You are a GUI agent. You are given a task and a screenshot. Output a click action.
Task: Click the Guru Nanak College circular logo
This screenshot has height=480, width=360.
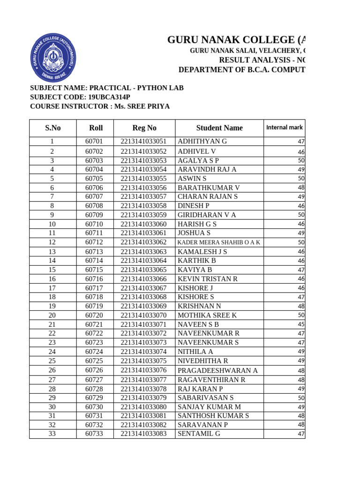tap(53, 58)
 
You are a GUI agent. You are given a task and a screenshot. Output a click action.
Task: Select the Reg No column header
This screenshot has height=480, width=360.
tap(144, 128)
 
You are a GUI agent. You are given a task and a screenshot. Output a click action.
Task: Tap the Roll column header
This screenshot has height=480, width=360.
tap(96, 128)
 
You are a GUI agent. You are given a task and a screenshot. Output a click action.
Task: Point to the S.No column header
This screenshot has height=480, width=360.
tap(53, 128)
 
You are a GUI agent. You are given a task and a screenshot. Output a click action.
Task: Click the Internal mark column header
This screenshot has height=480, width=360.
tap(285, 127)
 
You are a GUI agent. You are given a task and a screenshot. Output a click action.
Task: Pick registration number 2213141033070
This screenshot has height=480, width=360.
tap(143, 315)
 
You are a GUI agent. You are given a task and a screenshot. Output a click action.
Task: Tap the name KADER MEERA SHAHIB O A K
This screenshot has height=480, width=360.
tap(218, 242)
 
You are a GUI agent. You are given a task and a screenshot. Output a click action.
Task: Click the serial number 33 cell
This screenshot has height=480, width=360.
tap(52, 434)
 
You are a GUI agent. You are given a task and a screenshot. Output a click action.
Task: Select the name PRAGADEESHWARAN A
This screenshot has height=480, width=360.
tap(217, 370)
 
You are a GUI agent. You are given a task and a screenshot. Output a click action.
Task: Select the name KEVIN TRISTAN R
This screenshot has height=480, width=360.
tap(208, 279)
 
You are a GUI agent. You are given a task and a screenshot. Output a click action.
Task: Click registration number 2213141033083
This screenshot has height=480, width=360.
tap(143, 434)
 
